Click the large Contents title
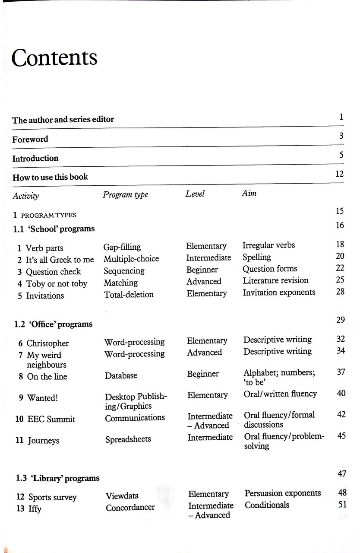[x=54, y=57]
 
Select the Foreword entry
[x=30, y=140]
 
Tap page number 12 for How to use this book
[x=339, y=174]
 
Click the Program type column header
[x=125, y=195]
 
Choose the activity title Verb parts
[x=44, y=248]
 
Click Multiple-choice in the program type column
[x=131, y=259]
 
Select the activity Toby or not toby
[x=57, y=284]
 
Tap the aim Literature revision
[x=275, y=280]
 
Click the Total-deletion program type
[x=129, y=295]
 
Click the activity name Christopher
[x=47, y=343]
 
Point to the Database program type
[x=121, y=375]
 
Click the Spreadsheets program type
[x=128, y=439]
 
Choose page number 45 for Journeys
[x=341, y=436]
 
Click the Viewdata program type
[x=122, y=496]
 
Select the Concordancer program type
[x=130, y=508]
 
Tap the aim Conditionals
[x=267, y=505]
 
